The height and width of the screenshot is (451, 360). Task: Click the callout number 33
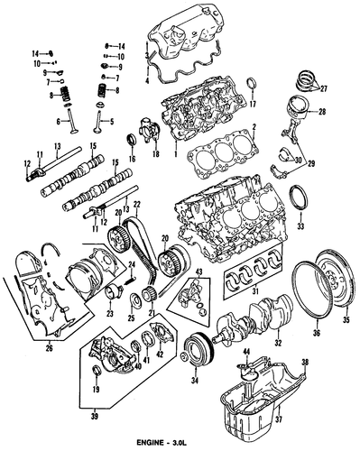point(300,225)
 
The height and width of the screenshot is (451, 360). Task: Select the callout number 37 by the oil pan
point(278,418)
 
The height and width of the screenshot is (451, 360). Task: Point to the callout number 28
point(322,112)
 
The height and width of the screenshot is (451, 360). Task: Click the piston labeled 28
point(299,107)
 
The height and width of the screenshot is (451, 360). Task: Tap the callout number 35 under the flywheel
point(346,320)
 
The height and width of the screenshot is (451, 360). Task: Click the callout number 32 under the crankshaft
point(278,343)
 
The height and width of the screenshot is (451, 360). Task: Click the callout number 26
point(49,348)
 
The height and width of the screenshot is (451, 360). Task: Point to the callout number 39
point(95,417)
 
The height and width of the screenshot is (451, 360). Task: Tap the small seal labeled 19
point(97,370)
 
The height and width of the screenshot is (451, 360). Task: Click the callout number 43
point(199,272)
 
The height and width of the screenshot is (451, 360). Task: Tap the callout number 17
point(253,105)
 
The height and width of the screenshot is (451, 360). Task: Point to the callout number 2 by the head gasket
point(254,127)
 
